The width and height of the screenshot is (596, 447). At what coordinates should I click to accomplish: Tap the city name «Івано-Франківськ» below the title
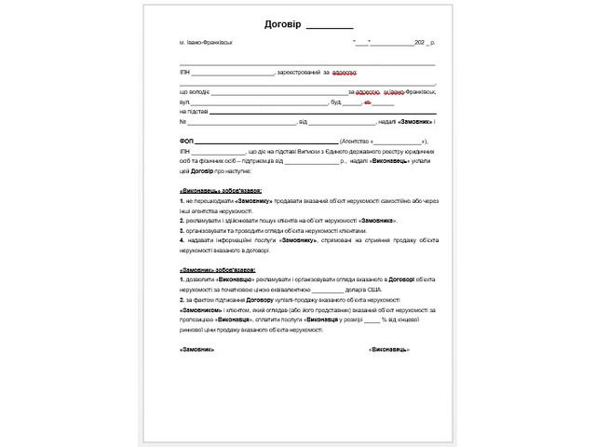209,44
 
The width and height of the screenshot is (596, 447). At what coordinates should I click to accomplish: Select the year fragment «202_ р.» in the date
426,44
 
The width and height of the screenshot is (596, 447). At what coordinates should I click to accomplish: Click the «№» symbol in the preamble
183,122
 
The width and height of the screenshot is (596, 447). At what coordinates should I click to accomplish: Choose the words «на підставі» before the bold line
194,112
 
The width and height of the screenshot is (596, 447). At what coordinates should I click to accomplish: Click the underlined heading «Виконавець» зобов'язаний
213,190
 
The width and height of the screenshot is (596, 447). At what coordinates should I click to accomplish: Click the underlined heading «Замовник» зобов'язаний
210,269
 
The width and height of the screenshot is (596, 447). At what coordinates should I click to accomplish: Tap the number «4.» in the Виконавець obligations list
183,239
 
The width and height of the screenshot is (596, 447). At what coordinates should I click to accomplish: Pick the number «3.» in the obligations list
183,229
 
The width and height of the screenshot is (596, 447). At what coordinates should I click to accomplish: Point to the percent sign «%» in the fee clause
383,319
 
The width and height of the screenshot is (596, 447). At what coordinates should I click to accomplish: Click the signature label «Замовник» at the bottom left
196,349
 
